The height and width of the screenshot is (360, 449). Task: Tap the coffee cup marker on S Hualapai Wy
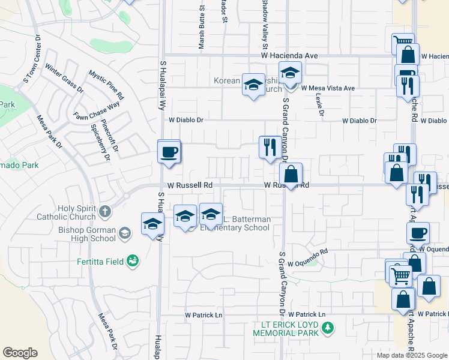click(169, 151)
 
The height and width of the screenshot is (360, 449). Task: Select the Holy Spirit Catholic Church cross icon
click(105, 211)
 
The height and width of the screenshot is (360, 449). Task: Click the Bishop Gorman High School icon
click(125, 232)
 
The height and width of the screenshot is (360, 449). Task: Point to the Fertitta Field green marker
click(133, 260)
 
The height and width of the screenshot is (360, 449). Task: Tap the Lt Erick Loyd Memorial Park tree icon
click(328, 328)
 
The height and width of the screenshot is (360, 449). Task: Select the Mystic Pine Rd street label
click(106, 85)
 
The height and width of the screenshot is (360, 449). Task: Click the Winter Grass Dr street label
click(64, 78)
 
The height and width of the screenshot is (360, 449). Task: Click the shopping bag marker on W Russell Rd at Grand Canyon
click(291, 175)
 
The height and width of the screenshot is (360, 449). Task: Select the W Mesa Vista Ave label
click(328, 88)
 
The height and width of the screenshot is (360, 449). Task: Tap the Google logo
click(20, 353)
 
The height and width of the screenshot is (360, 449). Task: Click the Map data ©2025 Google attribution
click(411, 355)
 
